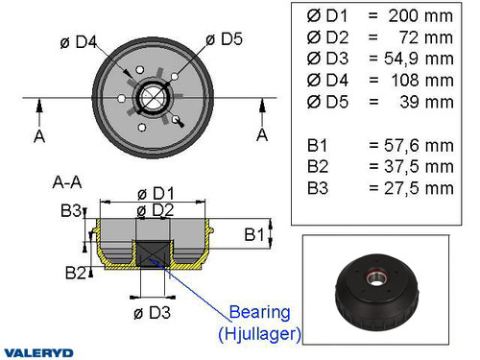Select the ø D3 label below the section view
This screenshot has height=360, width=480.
click(x=155, y=311)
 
